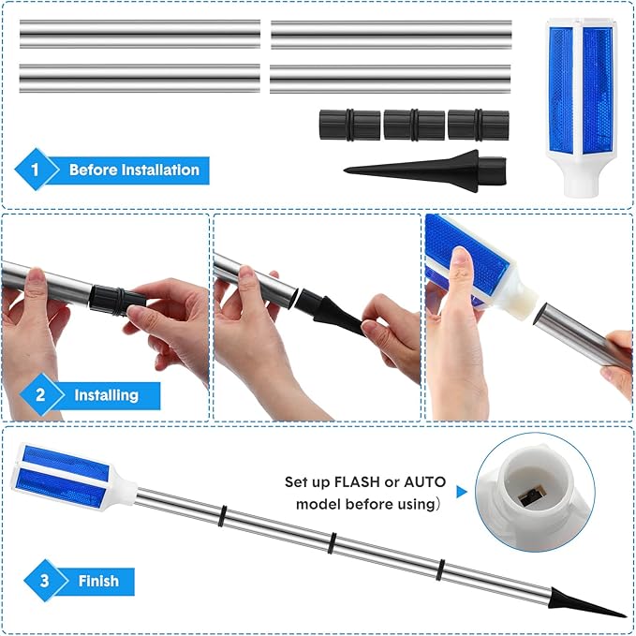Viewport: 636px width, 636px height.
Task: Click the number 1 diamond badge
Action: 36,170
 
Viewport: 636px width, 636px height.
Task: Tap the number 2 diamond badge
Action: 40,394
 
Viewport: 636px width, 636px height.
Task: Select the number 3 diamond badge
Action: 45,581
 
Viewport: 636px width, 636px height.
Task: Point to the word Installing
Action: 106,395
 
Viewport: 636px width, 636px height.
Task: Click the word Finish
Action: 98,581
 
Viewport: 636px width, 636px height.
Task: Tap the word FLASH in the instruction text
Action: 358,481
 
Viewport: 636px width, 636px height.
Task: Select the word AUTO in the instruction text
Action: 424,481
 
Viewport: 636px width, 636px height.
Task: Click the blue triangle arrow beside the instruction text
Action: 461,492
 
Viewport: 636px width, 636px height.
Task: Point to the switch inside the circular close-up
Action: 531,496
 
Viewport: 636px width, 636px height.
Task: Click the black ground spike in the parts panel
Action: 424,170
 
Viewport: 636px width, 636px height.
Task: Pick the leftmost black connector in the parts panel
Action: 349,125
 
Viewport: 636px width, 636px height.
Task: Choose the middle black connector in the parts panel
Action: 414,125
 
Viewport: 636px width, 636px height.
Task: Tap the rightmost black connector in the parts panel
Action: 479,125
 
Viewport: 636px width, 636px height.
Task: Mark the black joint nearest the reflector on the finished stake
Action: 222,516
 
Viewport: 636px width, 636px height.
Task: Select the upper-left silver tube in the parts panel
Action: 140,34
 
